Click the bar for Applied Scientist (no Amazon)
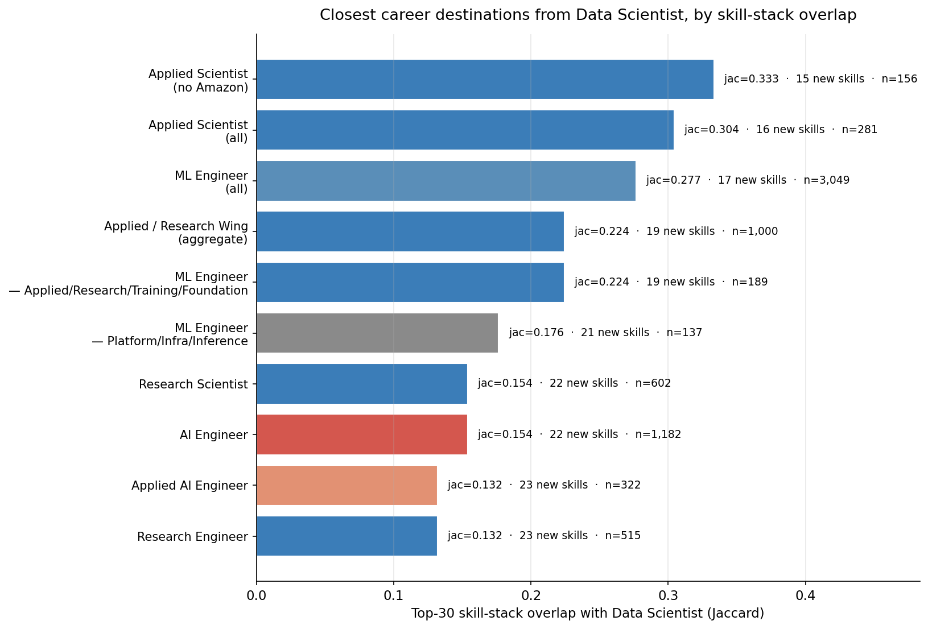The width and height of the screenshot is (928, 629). (x=485, y=79)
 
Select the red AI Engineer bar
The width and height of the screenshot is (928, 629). (x=362, y=434)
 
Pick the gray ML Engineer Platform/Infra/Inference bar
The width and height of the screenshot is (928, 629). (x=377, y=333)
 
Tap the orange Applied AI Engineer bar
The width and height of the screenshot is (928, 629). (x=347, y=485)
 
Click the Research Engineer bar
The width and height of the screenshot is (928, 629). (x=347, y=536)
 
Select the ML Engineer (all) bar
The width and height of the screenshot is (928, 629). (x=446, y=181)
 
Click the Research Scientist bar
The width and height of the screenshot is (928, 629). (x=362, y=384)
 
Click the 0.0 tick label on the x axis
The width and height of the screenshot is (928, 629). (x=257, y=596)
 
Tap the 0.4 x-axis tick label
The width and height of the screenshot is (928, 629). (x=805, y=596)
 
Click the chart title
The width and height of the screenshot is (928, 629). (x=588, y=15)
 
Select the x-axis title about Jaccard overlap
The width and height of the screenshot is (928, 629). (x=587, y=613)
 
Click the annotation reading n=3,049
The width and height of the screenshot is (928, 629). (x=827, y=180)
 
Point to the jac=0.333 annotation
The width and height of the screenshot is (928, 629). (x=751, y=78)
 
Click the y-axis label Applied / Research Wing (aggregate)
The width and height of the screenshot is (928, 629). (x=176, y=233)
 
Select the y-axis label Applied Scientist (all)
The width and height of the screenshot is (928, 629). (x=199, y=131)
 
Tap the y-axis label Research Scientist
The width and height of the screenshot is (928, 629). (x=193, y=384)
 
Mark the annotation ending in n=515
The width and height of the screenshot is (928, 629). (x=544, y=535)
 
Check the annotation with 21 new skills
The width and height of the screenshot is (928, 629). (x=606, y=333)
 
